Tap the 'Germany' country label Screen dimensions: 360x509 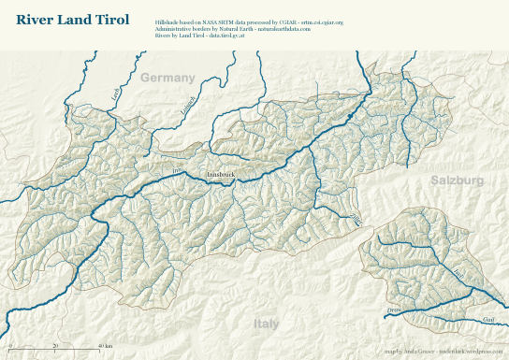[x=166, y=78]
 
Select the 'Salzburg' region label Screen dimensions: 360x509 [x=457, y=179]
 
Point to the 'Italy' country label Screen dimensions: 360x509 [x=267, y=324]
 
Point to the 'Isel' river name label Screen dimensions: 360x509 [x=458, y=272]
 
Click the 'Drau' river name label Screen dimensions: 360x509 [x=393, y=309]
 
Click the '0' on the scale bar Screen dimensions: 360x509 [x=10, y=346]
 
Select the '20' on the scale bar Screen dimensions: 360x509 [x=55, y=346]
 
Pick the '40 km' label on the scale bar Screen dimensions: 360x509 [x=106, y=346]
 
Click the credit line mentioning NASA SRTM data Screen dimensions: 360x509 [x=249, y=21]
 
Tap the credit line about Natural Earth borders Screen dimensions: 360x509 [x=232, y=29]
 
